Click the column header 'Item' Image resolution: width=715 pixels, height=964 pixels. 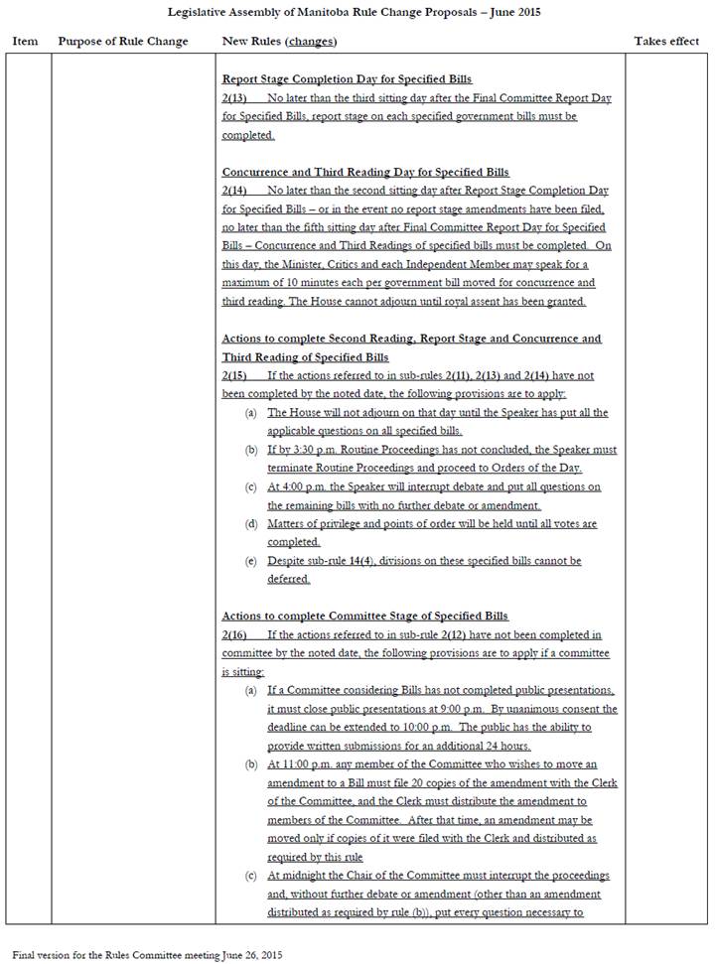click(x=25, y=42)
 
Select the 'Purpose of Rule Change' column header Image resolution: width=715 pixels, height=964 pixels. click(x=123, y=42)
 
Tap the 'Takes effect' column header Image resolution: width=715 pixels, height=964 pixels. click(x=666, y=42)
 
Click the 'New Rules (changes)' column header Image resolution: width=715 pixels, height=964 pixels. click(x=279, y=42)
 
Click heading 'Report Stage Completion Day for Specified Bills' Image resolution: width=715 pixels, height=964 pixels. click(x=347, y=79)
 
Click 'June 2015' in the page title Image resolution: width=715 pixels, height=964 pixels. click(x=509, y=12)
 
